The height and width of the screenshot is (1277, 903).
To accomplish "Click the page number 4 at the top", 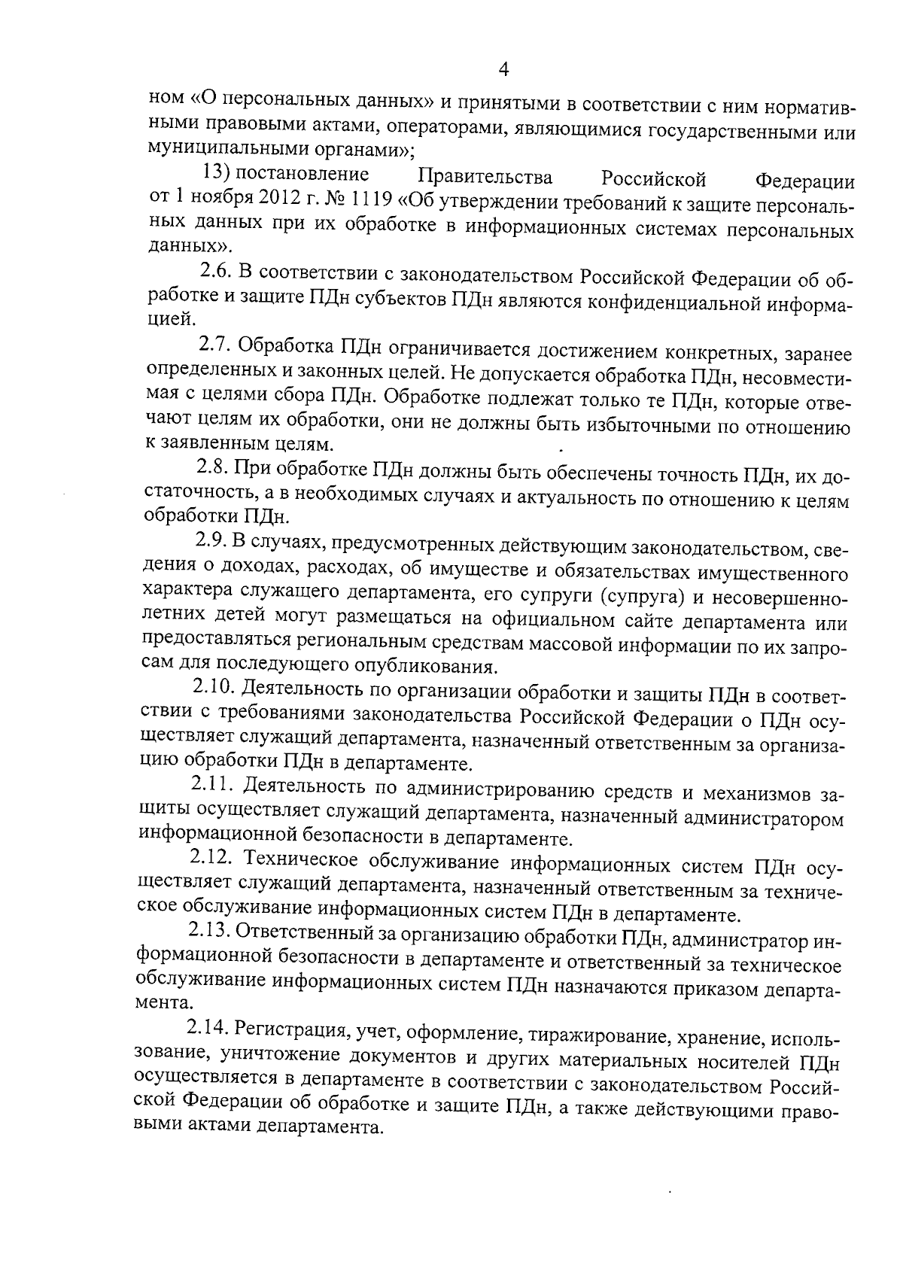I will click(504, 69).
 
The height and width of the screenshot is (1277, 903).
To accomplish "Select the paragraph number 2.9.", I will click(211, 541).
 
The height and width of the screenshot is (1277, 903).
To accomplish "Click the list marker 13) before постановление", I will click(217, 175).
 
